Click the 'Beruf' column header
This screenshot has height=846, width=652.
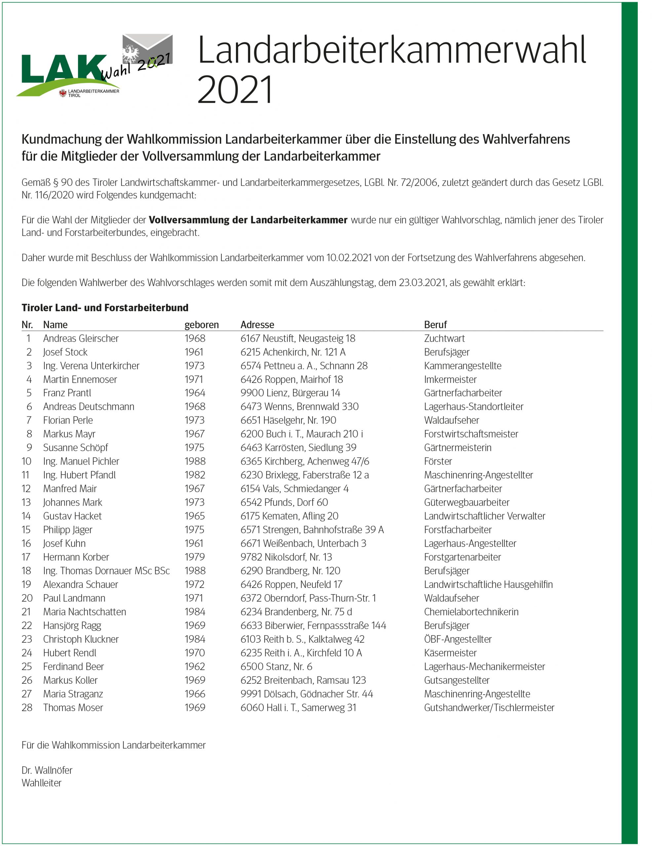435,325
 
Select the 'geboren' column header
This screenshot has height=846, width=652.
202,325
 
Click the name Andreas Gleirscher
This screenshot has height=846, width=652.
81,338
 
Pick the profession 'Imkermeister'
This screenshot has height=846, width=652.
450,379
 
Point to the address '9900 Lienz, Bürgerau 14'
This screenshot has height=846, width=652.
290,393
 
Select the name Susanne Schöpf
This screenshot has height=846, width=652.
76,447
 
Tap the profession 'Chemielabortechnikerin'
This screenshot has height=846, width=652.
471,612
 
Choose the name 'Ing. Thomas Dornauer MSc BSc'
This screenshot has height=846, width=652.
106,571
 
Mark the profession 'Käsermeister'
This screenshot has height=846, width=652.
450,653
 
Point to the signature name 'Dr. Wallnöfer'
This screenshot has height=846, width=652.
47,770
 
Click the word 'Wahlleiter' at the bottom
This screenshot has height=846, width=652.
41,783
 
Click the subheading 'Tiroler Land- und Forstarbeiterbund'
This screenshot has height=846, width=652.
105,308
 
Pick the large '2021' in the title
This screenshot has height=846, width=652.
235,90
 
